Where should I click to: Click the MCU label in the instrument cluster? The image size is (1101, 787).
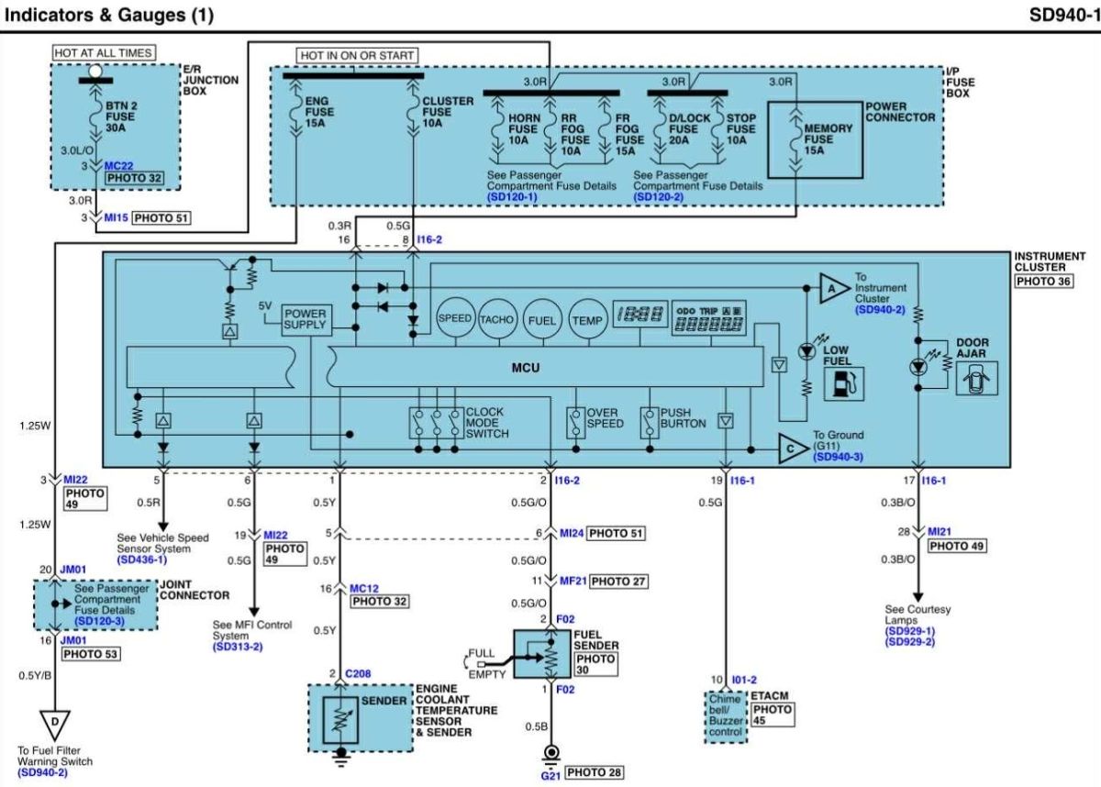coord(526,368)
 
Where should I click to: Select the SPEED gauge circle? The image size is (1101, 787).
coord(456,318)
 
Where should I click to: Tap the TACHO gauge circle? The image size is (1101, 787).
coord(497,319)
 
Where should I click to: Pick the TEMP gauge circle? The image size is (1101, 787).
coord(588,320)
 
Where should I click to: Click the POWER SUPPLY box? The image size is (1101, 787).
coord(306,320)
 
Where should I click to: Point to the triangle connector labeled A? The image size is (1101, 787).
coord(834,288)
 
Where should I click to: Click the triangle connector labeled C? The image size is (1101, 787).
coord(794,449)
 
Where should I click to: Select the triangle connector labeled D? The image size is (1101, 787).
coord(54,724)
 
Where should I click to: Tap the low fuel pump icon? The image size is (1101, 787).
coord(843,383)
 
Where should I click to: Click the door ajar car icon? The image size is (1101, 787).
coord(976,378)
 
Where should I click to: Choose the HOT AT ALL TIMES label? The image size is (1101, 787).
coord(104,52)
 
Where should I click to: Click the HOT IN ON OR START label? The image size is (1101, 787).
coord(357,56)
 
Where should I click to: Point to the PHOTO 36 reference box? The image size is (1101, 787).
coord(1043,281)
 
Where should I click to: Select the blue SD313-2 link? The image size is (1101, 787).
coord(238,647)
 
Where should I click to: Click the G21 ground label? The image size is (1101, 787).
coord(550,775)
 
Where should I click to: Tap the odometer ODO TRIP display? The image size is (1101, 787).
coord(708,318)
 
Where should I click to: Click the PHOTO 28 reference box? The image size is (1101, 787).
coord(594,772)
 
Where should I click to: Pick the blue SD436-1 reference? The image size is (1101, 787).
coord(142,560)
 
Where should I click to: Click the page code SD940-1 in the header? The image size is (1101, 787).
coord(1064,15)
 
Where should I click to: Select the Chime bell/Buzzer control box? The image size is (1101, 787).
coord(726,716)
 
